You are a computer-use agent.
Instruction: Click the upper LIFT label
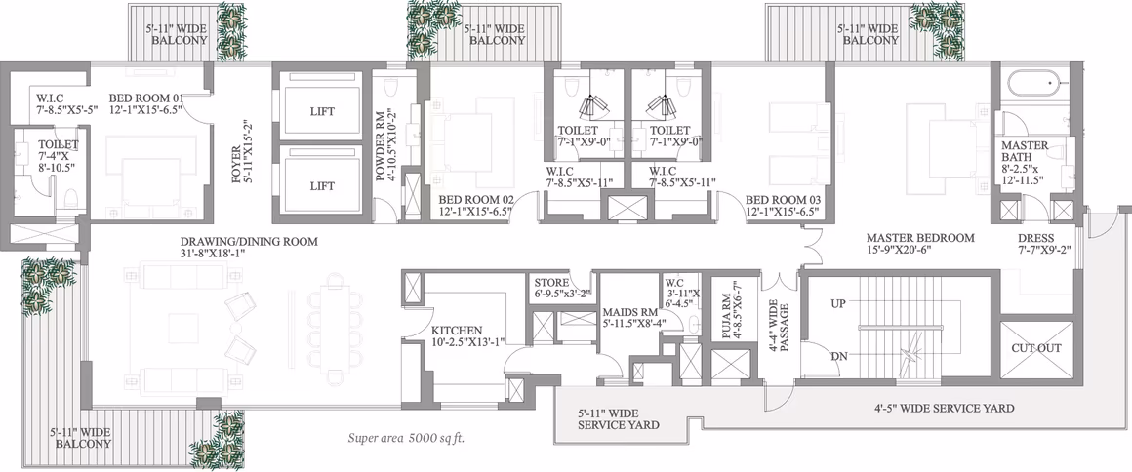322,111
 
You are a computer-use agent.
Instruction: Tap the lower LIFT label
322,186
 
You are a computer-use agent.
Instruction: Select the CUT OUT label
1036,348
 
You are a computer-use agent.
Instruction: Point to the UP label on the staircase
838,304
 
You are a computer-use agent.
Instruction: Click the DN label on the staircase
838,357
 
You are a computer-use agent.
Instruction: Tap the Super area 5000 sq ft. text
411,437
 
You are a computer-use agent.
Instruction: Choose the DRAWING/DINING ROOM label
249,242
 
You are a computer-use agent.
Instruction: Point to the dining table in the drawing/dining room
335,327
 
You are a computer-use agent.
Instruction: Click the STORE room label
551,282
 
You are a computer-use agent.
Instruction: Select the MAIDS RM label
630,312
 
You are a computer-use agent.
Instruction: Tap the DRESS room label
1036,238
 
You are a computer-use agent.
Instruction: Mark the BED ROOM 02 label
476,200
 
